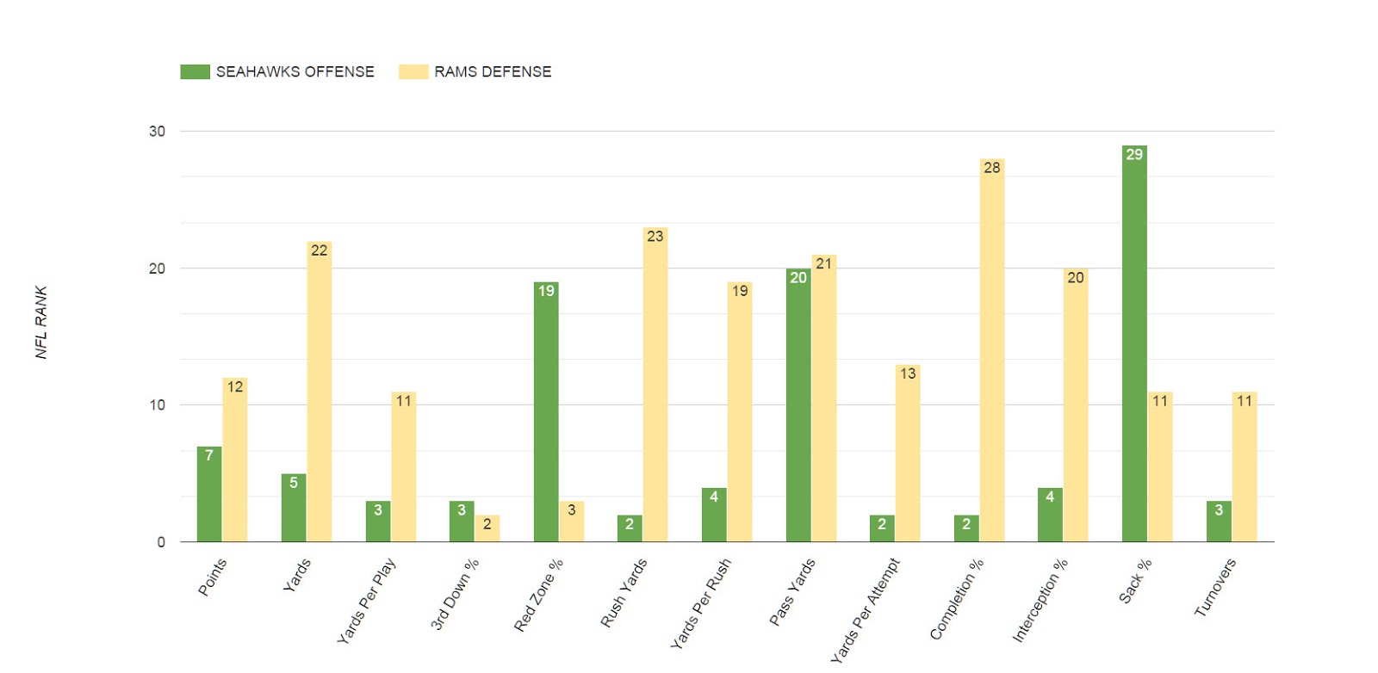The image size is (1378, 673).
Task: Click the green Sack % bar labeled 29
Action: pyautogui.click(x=1134, y=344)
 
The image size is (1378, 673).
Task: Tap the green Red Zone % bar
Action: pyautogui.click(x=546, y=412)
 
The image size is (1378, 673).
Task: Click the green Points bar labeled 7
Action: pyautogui.click(x=209, y=494)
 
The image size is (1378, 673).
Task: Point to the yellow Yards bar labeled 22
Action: pyautogui.click(x=319, y=392)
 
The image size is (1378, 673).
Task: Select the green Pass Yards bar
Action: pyautogui.click(x=798, y=405)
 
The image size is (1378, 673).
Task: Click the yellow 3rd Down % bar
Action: pyautogui.click(x=487, y=528)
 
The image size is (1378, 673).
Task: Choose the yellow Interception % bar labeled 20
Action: pyautogui.click(x=1075, y=405)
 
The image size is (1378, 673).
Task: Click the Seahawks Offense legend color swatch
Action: pyautogui.click(x=195, y=71)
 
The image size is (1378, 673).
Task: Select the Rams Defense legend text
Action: pyautogui.click(x=493, y=71)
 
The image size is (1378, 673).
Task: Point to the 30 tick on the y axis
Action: pyautogui.click(x=157, y=132)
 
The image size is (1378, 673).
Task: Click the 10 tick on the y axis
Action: pyautogui.click(x=157, y=405)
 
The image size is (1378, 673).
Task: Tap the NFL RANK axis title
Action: pyautogui.click(x=41, y=323)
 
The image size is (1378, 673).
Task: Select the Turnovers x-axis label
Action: pyautogui.click(x=1215, y=588)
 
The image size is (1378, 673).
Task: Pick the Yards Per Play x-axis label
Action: pyautogui.click(x=367, y=601)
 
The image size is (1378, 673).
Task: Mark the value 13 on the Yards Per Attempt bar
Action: pyautogui.click(x=908, y=374)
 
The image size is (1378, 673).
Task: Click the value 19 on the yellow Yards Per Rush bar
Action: pyautogui.click(x=740, y=291)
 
